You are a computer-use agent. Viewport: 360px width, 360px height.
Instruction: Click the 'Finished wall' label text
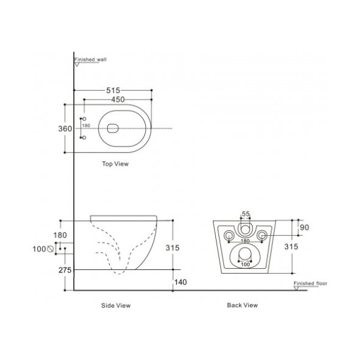(x=91, y=61)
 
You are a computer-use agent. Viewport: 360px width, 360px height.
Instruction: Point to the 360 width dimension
(x=65, y=128)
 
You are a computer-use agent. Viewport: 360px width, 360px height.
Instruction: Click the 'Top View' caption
(x=115, y=163)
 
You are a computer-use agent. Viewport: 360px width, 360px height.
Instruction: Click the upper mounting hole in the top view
(x=84, y=119)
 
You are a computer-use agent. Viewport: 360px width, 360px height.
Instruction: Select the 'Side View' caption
(x=115, y=305)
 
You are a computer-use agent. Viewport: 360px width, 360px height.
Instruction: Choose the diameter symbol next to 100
(x=51, y=248)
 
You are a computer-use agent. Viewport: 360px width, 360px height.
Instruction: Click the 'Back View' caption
(x=242, y=305)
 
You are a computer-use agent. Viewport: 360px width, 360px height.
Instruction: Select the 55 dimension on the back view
(x=245, y=214)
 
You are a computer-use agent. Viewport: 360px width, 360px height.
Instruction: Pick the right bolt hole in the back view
(x=262, y=235)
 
